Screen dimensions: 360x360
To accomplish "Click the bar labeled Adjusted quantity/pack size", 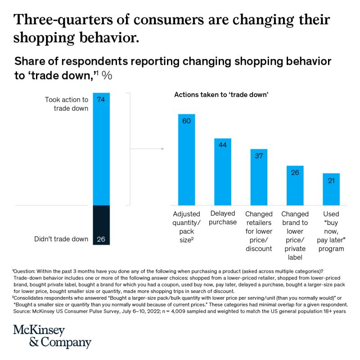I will click(186, 160).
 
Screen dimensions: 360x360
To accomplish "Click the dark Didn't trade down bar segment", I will click(101, 225).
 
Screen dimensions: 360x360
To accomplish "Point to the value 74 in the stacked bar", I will click(101, 100).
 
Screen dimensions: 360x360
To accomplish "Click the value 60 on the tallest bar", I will click(186, 121).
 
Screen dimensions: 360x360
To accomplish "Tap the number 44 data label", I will click(222, 145).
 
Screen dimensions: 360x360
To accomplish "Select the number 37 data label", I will click(259, 156).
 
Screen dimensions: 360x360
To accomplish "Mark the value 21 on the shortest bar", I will click(331, 180).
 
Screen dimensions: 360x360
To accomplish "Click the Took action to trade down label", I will click(67, 104).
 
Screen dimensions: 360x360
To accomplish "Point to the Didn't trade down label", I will click(61, 239).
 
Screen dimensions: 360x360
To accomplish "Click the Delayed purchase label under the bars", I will click(222, 218).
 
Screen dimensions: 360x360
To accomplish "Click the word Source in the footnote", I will click(22, 311).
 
